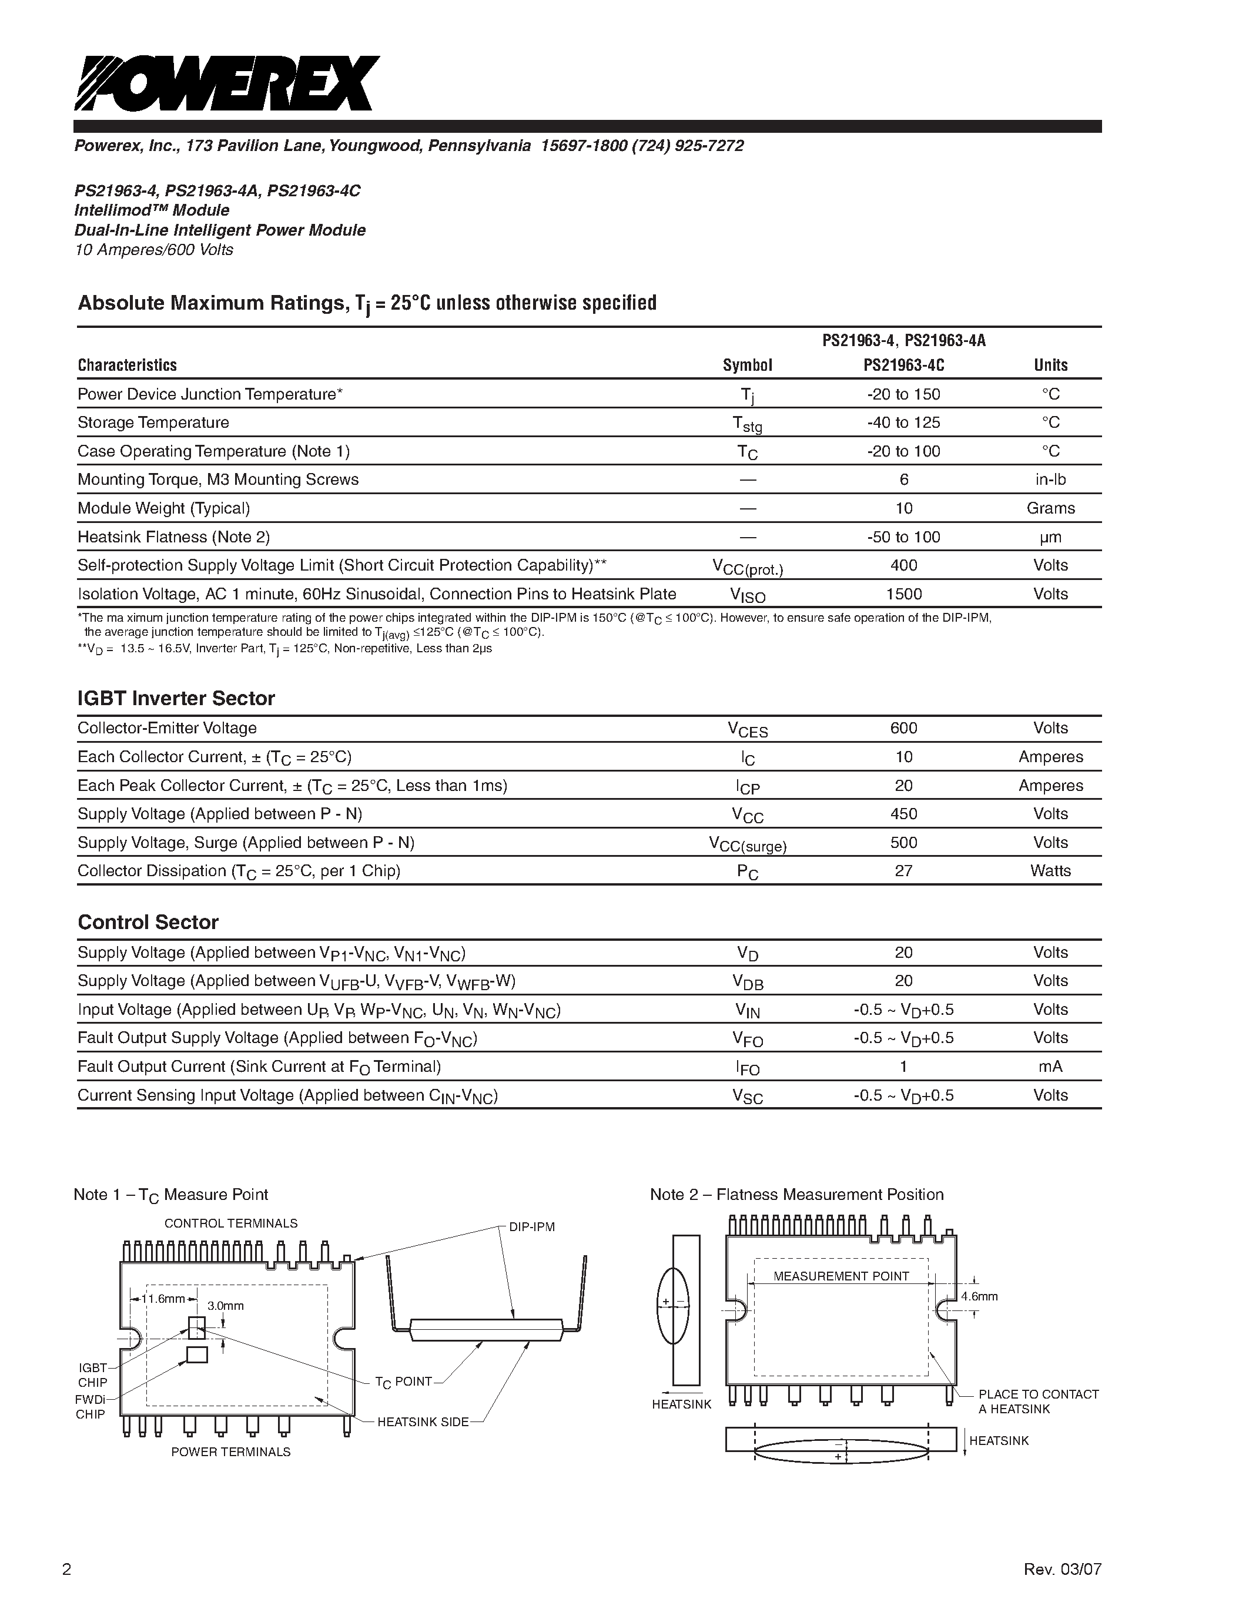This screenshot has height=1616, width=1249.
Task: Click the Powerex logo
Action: pyautogui.click(x=226, y=83)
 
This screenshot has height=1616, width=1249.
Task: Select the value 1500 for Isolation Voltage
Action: pyautogui.click(x=903, y=594)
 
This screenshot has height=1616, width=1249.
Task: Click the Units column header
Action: pyautogui.click(x=1050, y=365)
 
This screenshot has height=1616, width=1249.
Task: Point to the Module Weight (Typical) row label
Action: pyautogui.click(x=163, y=508)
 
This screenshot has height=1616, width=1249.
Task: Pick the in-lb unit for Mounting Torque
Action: pyautogui.click(x=1050, y=480)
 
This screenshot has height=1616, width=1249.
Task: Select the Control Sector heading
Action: pyautogui.click(x=148, y=922)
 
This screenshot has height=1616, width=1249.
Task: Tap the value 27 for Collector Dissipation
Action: pyautogui.click(x=903, y=871)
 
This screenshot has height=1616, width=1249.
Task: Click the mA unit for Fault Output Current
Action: pyautogui.click(x=1050, y=1066)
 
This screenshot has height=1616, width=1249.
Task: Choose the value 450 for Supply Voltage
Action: pyautogui.click(x=903, y=814)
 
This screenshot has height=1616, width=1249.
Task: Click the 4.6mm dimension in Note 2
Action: pyautogui.click(x=979, y=1296)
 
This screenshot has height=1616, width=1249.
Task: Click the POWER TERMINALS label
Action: pyautogui.click(x=231, y=1451)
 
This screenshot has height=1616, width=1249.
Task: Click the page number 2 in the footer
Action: pyautogui.click(x=66, y=1564)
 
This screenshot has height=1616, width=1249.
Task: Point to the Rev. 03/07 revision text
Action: pyautogui.click(x=1063, y=1564)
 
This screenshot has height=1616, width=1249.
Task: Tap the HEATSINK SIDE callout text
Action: pyautogui.click(x=423, y=1421)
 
